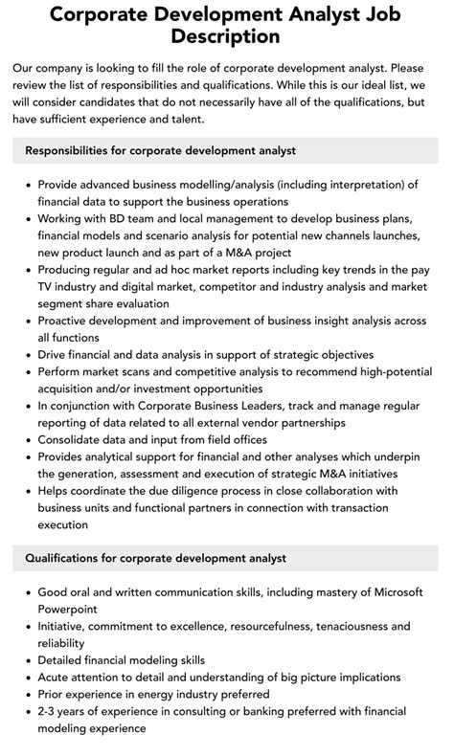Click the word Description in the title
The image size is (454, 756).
click(227, 37)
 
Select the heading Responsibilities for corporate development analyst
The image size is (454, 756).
click(161, 150)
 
